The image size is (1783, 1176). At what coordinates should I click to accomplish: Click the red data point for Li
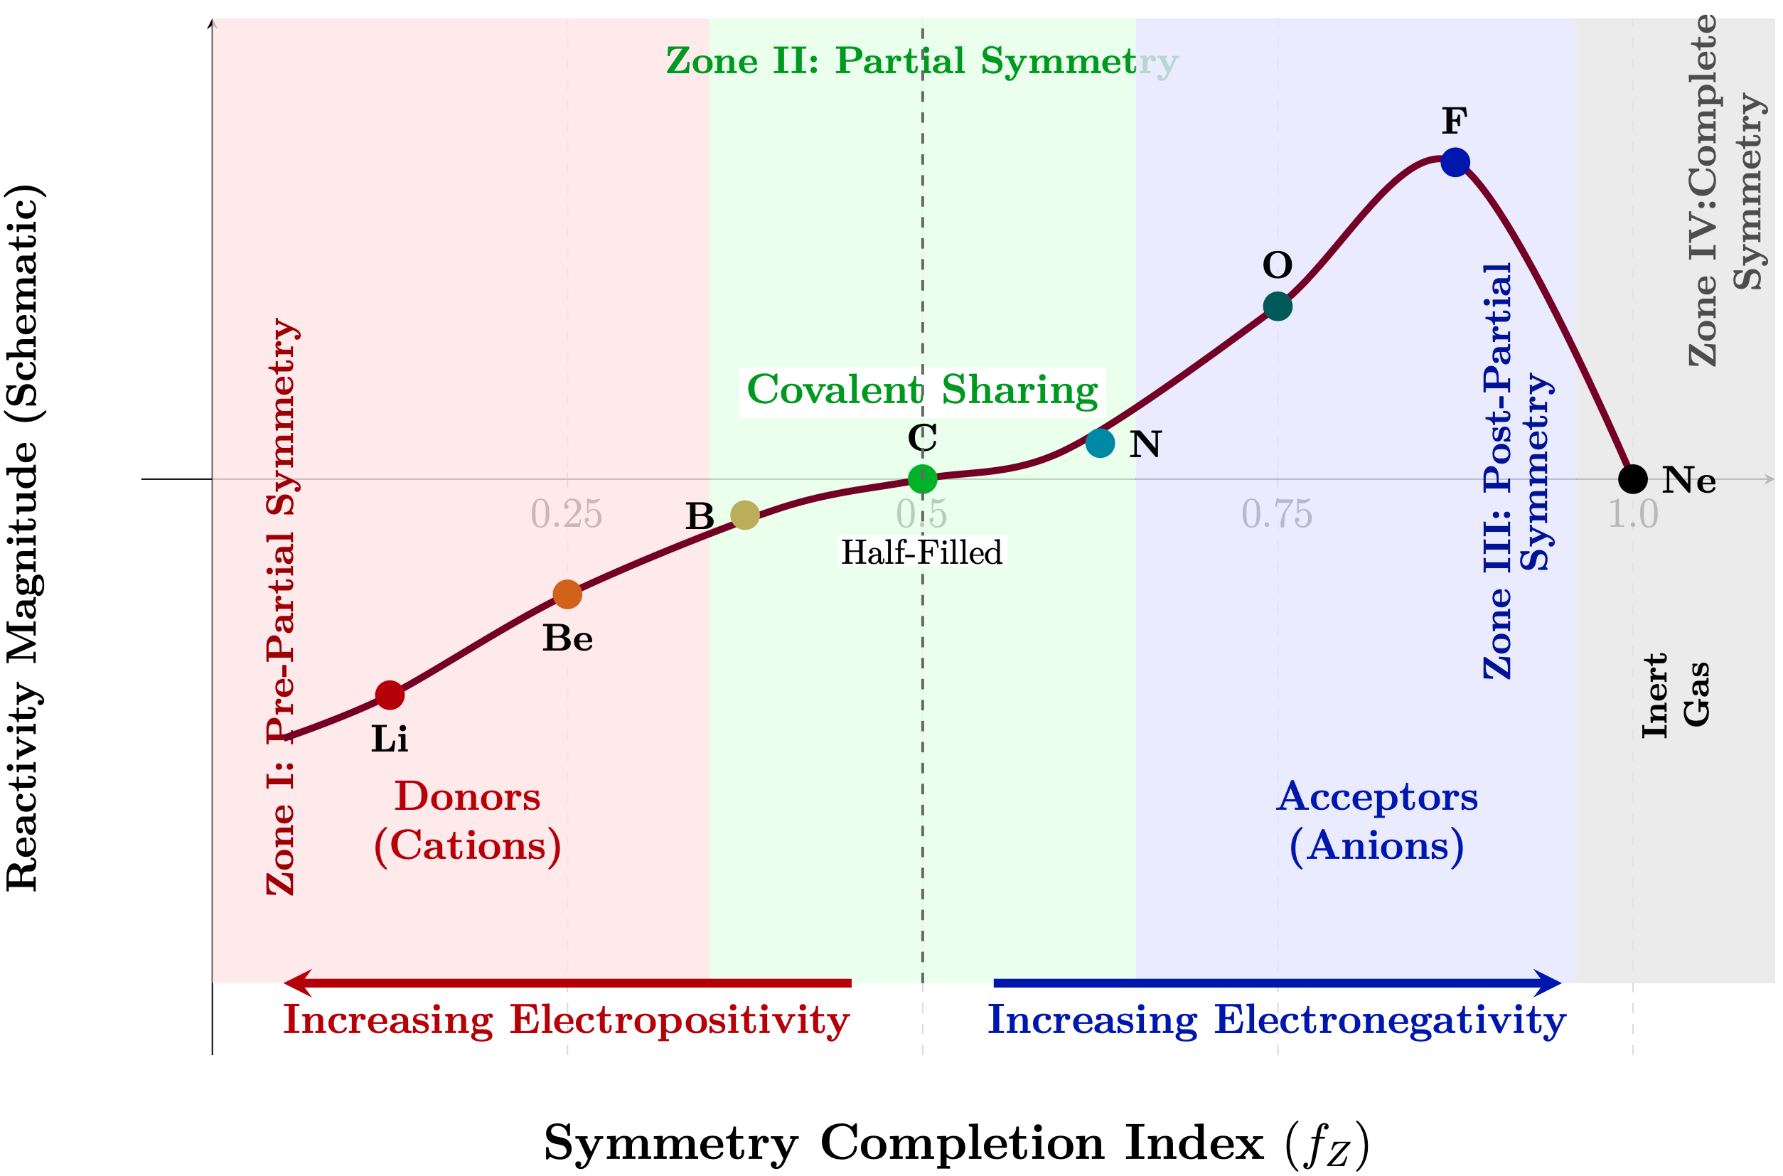[390, 695]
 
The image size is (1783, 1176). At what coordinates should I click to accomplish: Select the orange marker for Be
[567, 594]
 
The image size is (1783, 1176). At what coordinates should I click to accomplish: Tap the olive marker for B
[744, 515]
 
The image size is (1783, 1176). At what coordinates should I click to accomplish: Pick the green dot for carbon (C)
[922, 478]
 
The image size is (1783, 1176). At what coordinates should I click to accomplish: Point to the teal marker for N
[1100, 443]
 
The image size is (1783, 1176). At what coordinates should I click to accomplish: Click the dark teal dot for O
[1278, 306]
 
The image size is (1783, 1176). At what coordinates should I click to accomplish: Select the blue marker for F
[1455, 162]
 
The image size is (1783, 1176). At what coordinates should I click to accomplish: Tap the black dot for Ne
[1633, 478]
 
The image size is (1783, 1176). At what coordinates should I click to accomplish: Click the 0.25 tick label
[566, 515]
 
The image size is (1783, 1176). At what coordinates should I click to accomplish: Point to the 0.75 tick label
[1277, 515]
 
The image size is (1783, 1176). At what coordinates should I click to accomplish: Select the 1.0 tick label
[1633, 515]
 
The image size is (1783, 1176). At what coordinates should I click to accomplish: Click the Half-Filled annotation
[921, 552]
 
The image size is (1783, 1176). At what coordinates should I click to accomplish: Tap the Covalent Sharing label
[922, 390]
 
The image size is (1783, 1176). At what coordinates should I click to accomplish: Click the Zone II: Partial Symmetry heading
[922, 60]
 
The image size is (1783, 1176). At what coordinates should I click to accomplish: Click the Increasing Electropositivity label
[566, 1020]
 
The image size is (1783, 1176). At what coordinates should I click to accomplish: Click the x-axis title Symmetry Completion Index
[956, 1144]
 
